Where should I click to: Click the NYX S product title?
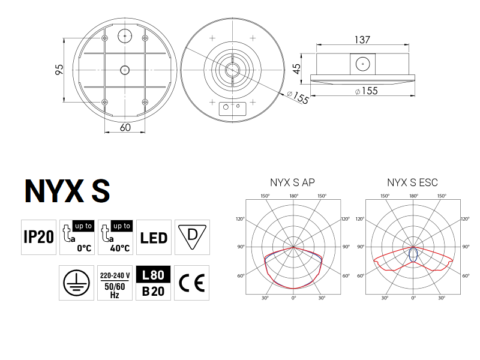67,190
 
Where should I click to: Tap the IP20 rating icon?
38,237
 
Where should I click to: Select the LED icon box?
154,237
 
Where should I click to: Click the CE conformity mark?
192,283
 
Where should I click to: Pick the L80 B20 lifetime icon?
154,283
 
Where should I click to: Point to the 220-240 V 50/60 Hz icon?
115,283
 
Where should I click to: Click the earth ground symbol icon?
77,283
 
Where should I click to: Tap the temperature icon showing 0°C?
77,237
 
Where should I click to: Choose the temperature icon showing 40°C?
115,237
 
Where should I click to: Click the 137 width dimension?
362,40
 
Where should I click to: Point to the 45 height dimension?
297,68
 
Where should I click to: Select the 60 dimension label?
125,127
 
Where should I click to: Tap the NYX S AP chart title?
293,182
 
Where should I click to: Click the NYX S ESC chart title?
413,182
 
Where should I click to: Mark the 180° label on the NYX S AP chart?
293,196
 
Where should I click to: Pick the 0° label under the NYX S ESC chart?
413,298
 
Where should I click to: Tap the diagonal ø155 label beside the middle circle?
298,98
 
